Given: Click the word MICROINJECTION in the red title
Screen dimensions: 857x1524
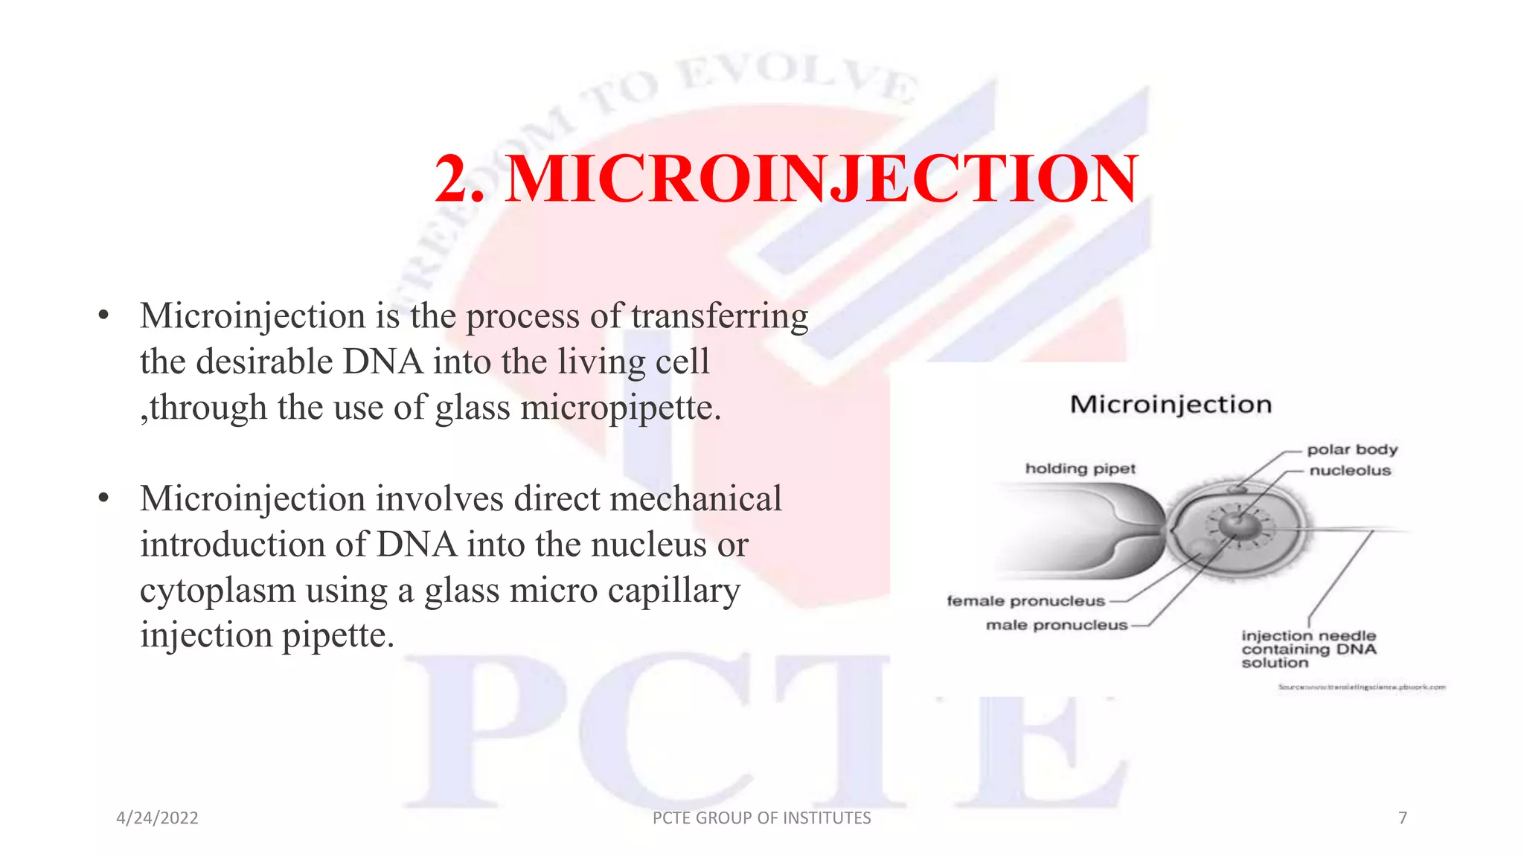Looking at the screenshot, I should point(822,179).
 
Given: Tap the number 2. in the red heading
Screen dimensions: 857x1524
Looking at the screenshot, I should point(459,179).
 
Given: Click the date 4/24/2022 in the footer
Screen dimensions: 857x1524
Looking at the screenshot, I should point(157,818).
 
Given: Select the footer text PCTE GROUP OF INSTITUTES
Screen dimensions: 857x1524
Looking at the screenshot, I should point(761,818).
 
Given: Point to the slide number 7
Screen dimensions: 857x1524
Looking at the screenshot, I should point(1403,818).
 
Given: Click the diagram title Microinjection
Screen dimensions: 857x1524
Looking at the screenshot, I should point(1171,405).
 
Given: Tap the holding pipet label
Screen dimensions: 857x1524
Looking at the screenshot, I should point(1080,469).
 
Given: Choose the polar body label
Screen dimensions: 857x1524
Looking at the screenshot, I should point(1352,449).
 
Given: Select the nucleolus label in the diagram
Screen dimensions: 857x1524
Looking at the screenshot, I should point(1350,470).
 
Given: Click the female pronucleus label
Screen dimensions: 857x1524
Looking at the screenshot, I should point(1025,601).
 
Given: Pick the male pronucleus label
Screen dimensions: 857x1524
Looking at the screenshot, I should point(1057,625).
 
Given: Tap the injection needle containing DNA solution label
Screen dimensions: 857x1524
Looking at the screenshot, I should point(1308,649).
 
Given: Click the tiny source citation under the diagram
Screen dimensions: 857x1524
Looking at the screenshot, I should point(1362,687).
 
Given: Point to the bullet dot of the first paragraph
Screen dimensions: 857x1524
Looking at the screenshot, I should point(103,316).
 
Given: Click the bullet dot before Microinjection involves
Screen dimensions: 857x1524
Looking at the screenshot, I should point(103,498).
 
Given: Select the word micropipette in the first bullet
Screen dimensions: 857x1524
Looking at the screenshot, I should point(620,408).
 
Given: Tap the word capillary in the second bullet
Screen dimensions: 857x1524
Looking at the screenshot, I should point(673,591).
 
